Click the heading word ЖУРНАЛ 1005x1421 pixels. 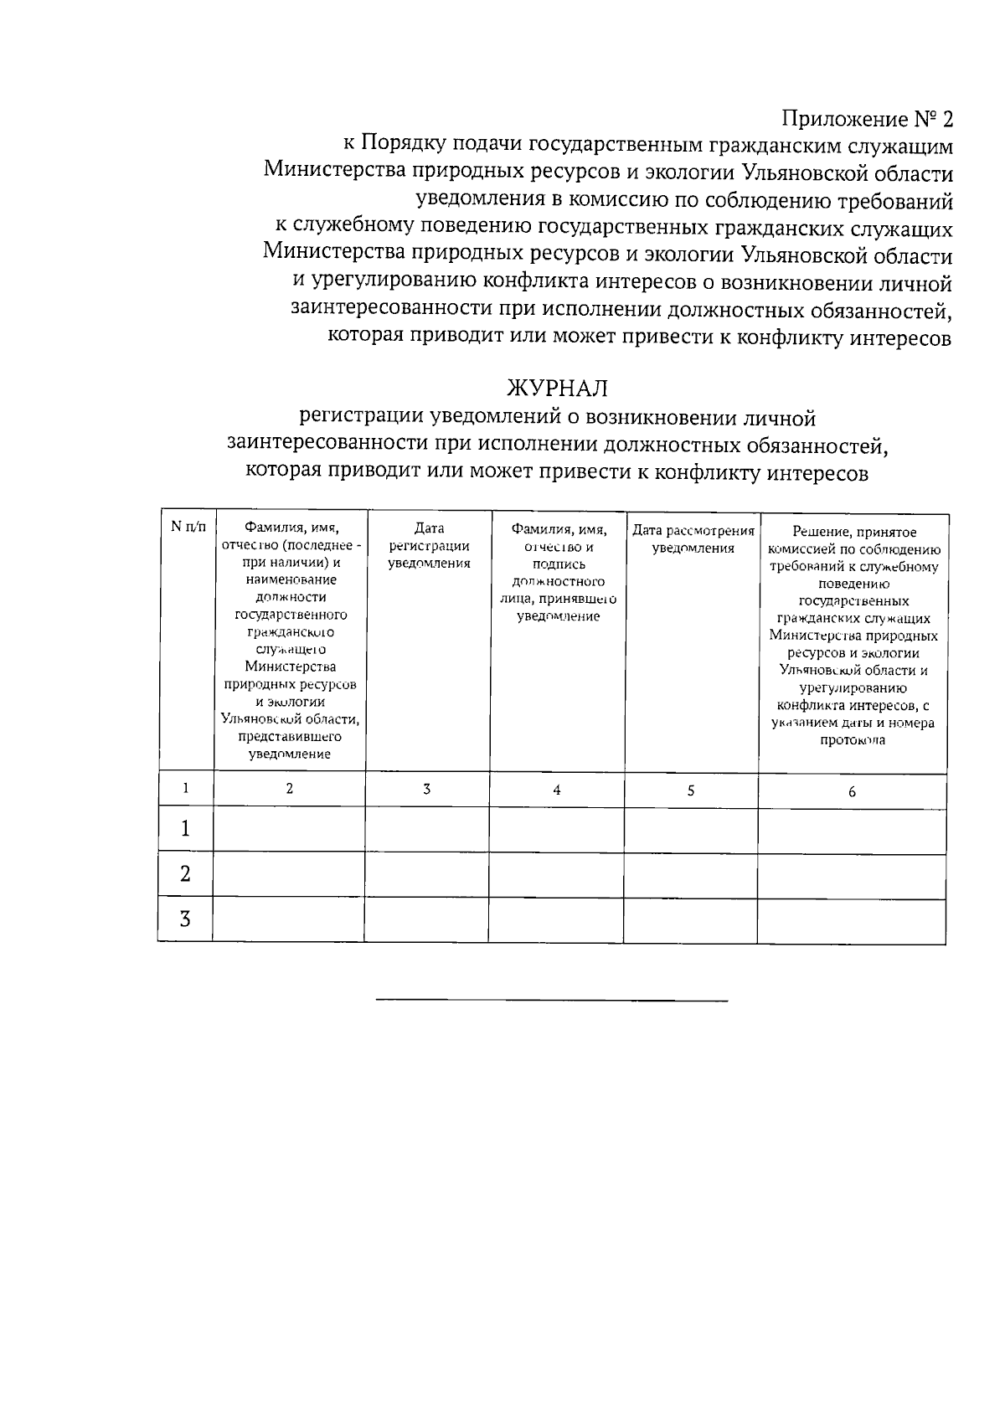click(x=557, y=389)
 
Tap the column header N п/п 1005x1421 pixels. click(x=188, y=527)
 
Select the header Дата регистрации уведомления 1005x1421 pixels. click(x=428, y=545)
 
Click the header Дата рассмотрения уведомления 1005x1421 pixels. click(x=693, y=539)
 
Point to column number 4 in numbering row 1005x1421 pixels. click(x=556, y=790)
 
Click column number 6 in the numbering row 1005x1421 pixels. click(x=852, y=791)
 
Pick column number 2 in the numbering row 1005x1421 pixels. click(x=289, y=789)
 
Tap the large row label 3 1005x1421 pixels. click(x=185, y=919)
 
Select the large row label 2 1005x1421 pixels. click(x=185, y=874)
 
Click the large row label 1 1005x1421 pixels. click(x=185, y=829)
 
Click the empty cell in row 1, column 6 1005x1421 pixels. click(x=852, y=830)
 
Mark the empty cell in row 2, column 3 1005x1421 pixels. click(x=426, y=874)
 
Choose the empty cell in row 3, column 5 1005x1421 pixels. click(x=690, y=919)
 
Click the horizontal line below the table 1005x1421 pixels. click(x=552, y=1000)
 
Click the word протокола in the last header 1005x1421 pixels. click(x=853, y=740)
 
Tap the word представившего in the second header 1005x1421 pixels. click(x=289, y=737)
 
